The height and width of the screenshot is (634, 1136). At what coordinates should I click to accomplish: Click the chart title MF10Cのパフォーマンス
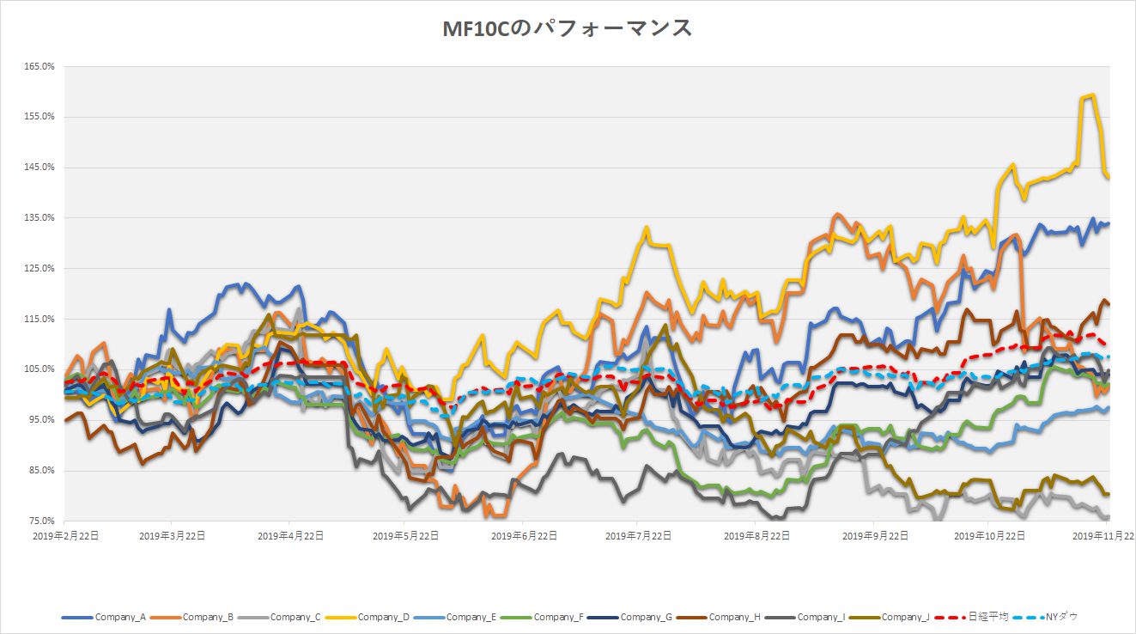[567, 28]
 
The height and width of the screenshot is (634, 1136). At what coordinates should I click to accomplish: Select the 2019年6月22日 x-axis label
[524, 535]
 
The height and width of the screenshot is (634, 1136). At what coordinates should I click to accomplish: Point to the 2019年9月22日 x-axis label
[874, 535]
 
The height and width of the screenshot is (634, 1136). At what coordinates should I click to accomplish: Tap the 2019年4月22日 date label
[289, 535]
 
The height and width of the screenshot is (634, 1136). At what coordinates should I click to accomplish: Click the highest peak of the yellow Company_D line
[1091, 94]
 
